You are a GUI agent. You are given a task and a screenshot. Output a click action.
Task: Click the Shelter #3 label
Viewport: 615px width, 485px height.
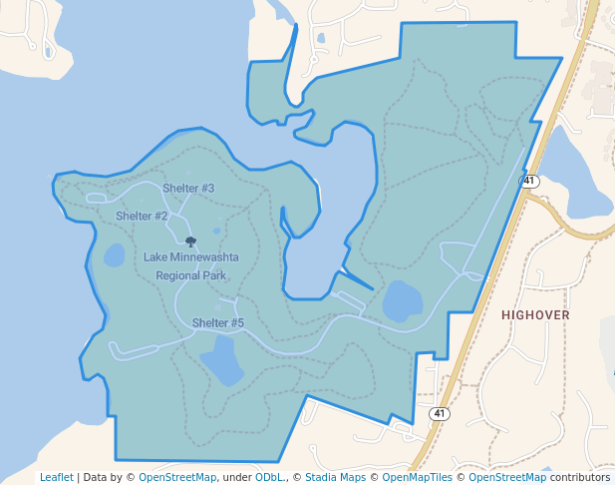(188, 188)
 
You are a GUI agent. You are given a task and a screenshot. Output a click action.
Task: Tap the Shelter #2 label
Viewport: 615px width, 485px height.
(142, 216)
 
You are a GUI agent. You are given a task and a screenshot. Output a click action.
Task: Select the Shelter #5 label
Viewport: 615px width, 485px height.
(218, 322)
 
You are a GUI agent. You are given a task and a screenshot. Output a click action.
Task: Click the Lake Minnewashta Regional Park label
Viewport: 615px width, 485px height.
(190, 265)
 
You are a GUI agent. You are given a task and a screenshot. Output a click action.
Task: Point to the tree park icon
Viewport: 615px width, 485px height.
(190, 242)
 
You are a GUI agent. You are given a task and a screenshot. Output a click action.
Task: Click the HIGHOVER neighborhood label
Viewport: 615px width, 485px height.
(535, 314)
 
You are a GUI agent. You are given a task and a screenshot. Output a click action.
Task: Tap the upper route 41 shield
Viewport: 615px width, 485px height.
(529, 182)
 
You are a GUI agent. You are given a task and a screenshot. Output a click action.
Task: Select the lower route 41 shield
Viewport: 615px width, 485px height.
(440, 413)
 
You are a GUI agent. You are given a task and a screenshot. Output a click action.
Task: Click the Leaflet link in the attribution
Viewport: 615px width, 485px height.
(57, 477)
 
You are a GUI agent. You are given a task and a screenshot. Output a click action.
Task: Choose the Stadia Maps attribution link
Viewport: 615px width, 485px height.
(336, 477)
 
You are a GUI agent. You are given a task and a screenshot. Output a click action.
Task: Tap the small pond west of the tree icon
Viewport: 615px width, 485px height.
(115, 254)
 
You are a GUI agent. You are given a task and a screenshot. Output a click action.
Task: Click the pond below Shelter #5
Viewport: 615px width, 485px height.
(221, 361)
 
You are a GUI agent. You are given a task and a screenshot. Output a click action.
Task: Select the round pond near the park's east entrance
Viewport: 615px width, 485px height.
(403, 300)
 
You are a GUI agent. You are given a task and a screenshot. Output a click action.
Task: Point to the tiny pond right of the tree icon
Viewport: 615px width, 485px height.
(217, 232)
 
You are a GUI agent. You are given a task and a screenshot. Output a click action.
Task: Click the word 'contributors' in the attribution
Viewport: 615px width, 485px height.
(578, 477)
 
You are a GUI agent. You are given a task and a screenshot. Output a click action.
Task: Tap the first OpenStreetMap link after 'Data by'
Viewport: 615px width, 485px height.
(177, 477)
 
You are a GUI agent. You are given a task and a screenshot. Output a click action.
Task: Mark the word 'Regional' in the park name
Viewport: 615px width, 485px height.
(176, 275)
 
